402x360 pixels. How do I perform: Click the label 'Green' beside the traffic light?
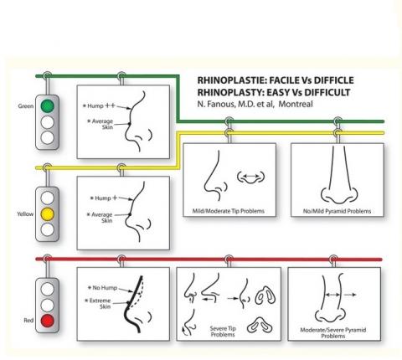tap(26, 107)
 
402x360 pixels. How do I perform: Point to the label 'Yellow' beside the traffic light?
tap(25, 213)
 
